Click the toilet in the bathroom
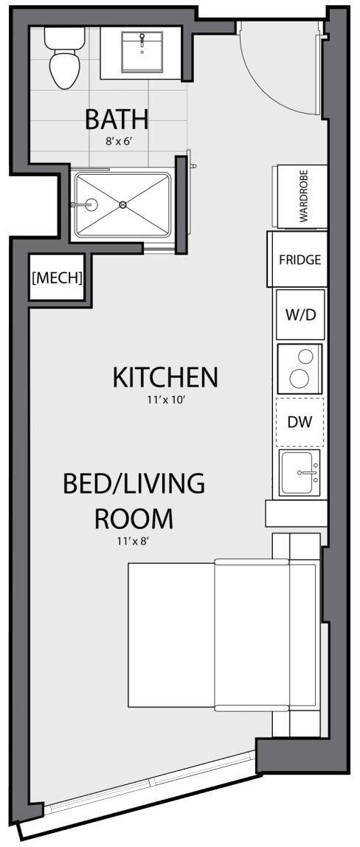click(x=65, y=59)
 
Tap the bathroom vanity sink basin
click(x=142, y=52)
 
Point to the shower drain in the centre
click(x=123, y=204)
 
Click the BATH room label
click(x=117, y=120)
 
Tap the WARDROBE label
click(x=303, y=198)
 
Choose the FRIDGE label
click(x=300, y=260)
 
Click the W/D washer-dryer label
click(x=300, y=315)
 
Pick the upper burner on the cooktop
click(x=305, y=356)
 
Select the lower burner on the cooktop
click(x=299, y=378)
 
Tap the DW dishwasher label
click(x=300, y=423)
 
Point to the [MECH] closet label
click(x=58, y=277)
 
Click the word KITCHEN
click(x=165, y=377)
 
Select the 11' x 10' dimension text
click(x=165, y=401)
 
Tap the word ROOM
click(x=134, y=517)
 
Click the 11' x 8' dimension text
click(x=134, y=541)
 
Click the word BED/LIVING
click(x=134, y=483)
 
